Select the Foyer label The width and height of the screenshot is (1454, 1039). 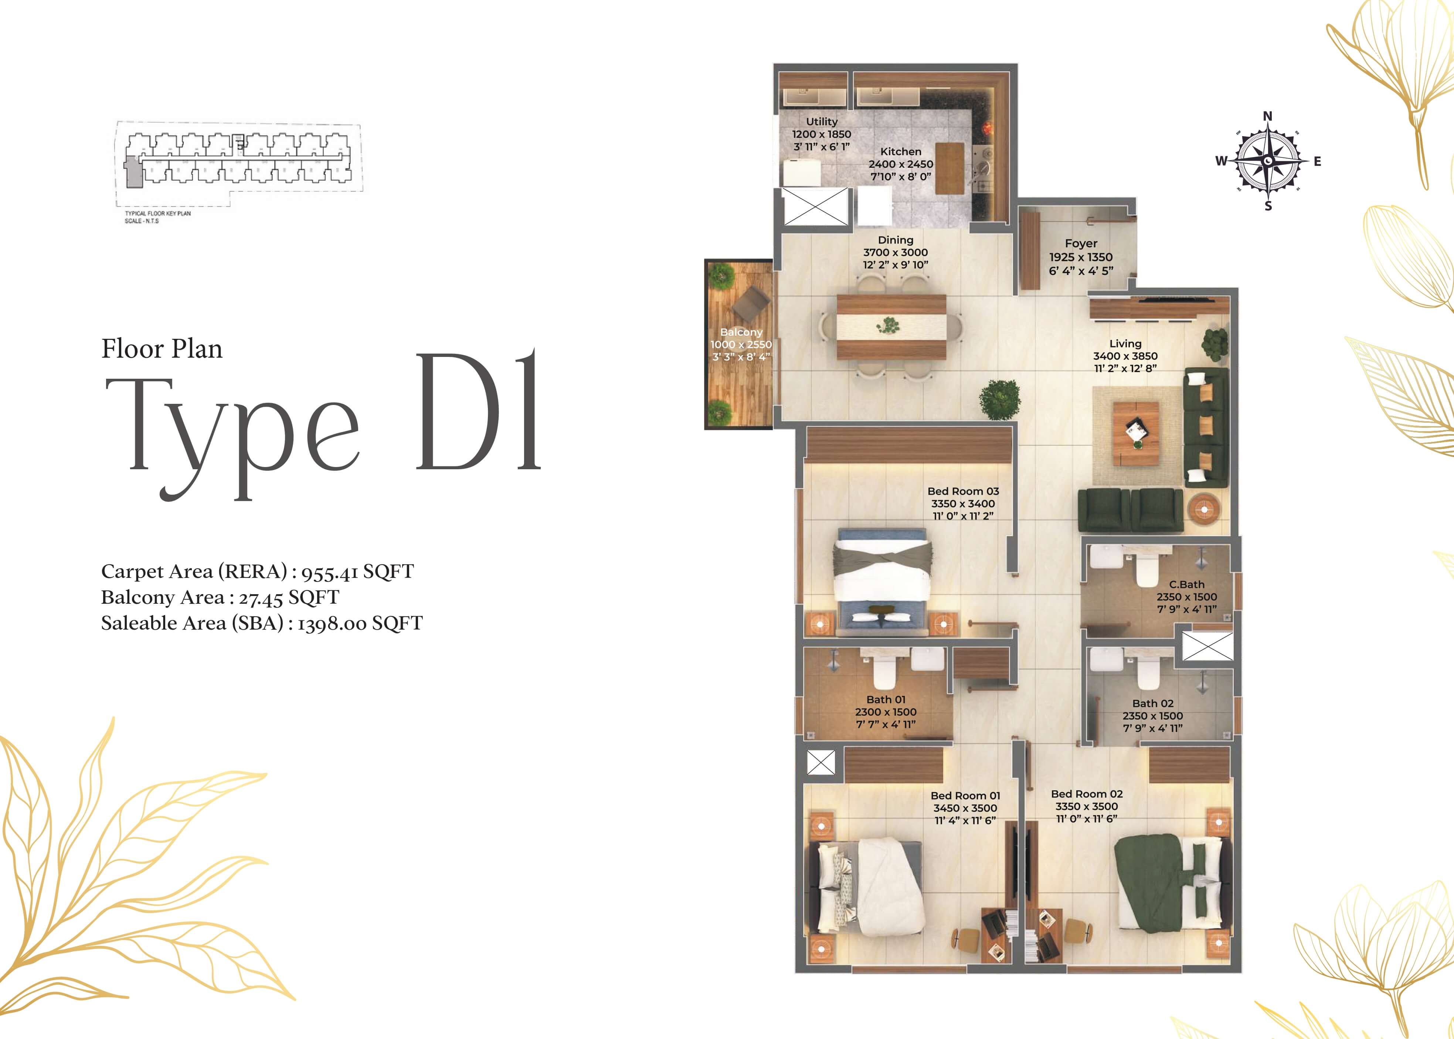coord(1081,244)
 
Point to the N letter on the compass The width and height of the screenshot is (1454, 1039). coord(1268,116)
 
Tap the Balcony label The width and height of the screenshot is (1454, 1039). coord(741,332)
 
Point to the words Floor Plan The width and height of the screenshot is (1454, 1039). coord(162,349)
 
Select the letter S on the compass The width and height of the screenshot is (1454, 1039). coord(1268,206)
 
